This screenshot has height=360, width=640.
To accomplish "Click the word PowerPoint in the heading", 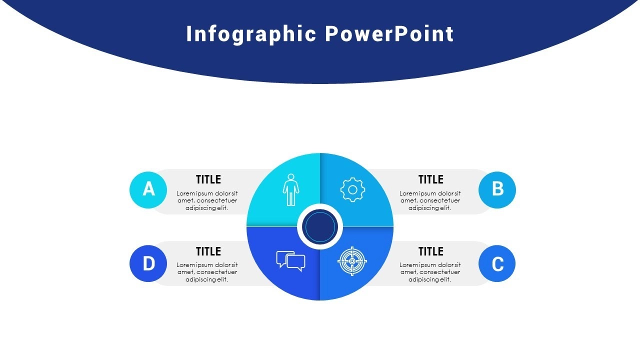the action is [389, 33].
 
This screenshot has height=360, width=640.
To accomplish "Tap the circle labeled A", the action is [148, 190].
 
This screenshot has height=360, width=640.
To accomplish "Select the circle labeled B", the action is [497, 190].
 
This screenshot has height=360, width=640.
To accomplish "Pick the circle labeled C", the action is [497, 263].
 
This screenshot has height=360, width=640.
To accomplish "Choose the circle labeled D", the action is [148, 263].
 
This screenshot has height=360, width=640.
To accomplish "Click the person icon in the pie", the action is [291, 189].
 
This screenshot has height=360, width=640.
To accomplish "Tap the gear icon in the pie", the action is [352, 189].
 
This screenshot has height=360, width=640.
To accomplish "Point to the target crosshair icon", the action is [352, 261].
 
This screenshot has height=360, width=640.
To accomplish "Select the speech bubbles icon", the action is [290, 261].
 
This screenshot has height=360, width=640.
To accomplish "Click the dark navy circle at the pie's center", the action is [319, 227].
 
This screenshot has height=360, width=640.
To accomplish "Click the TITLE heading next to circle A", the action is [208, 179].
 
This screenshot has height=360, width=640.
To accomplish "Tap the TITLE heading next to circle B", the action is [431, 179].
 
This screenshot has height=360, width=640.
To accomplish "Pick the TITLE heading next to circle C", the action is [431, 251].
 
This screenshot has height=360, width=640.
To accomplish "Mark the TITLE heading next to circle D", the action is [208, 251].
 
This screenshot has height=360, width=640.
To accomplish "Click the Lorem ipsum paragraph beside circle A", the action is [207, 200].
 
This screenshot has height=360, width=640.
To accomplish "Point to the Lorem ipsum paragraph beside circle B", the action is [430, 200].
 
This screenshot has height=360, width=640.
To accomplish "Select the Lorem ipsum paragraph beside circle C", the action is [430, 272].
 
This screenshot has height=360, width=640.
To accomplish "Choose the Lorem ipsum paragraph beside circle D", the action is [207, 272].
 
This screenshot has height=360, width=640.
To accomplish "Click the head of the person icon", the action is [291, 177].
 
